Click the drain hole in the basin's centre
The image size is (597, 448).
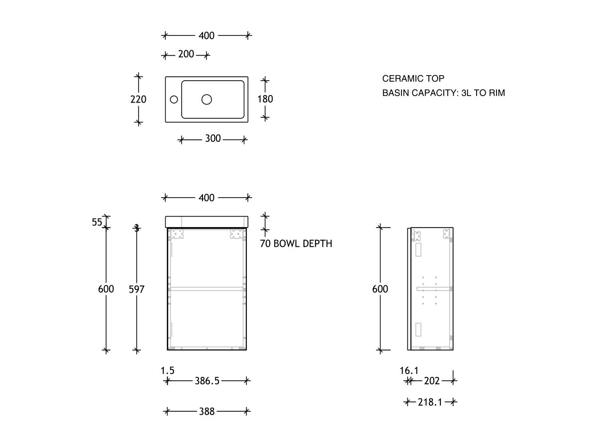click(206, 100)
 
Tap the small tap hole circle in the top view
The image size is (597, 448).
click(174, 100)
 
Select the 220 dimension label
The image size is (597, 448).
click(138, 99)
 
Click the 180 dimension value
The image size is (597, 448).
click(265, 99)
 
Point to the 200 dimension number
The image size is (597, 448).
click(186, 54)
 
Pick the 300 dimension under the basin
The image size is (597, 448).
click(213, 138)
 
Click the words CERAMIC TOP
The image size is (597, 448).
click(413, 79)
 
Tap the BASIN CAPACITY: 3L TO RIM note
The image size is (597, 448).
click(444, 93)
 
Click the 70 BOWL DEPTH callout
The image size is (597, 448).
click(296, 243)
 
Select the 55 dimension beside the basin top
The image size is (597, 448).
click(97, 222)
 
